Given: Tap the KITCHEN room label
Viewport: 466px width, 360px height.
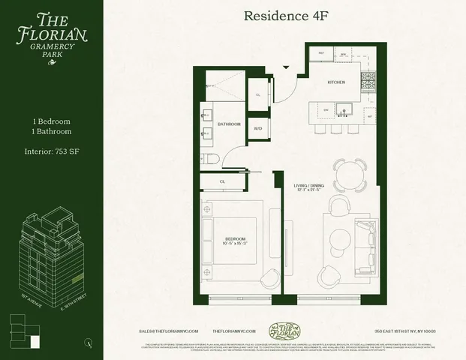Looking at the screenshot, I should coord(335,82).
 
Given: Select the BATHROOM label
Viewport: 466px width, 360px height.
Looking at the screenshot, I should coord(229,124).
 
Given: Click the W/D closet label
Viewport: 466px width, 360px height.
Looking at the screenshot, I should coord(258,128).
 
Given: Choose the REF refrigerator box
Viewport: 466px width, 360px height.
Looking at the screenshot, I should coord(321,54).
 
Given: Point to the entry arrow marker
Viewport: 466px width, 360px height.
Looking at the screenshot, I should coord(285,68).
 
